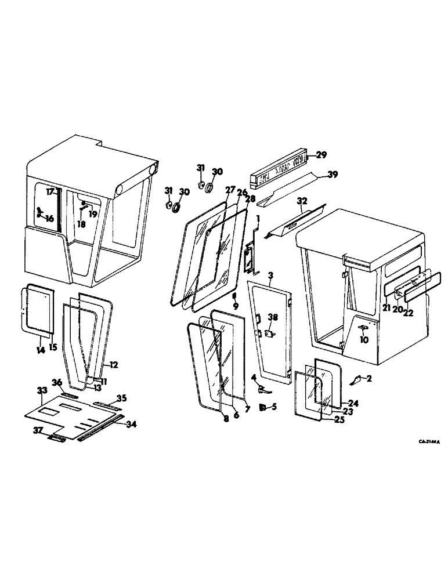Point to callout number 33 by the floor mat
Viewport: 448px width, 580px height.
tap(42, 391)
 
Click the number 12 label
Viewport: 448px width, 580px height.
tap(113, 365)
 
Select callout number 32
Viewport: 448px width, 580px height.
tap(301, 201)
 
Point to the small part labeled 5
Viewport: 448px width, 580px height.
tap(262, 407)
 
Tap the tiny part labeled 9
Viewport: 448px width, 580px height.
tap(234, 296)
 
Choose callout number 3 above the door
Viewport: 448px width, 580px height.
tap(270, 274)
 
